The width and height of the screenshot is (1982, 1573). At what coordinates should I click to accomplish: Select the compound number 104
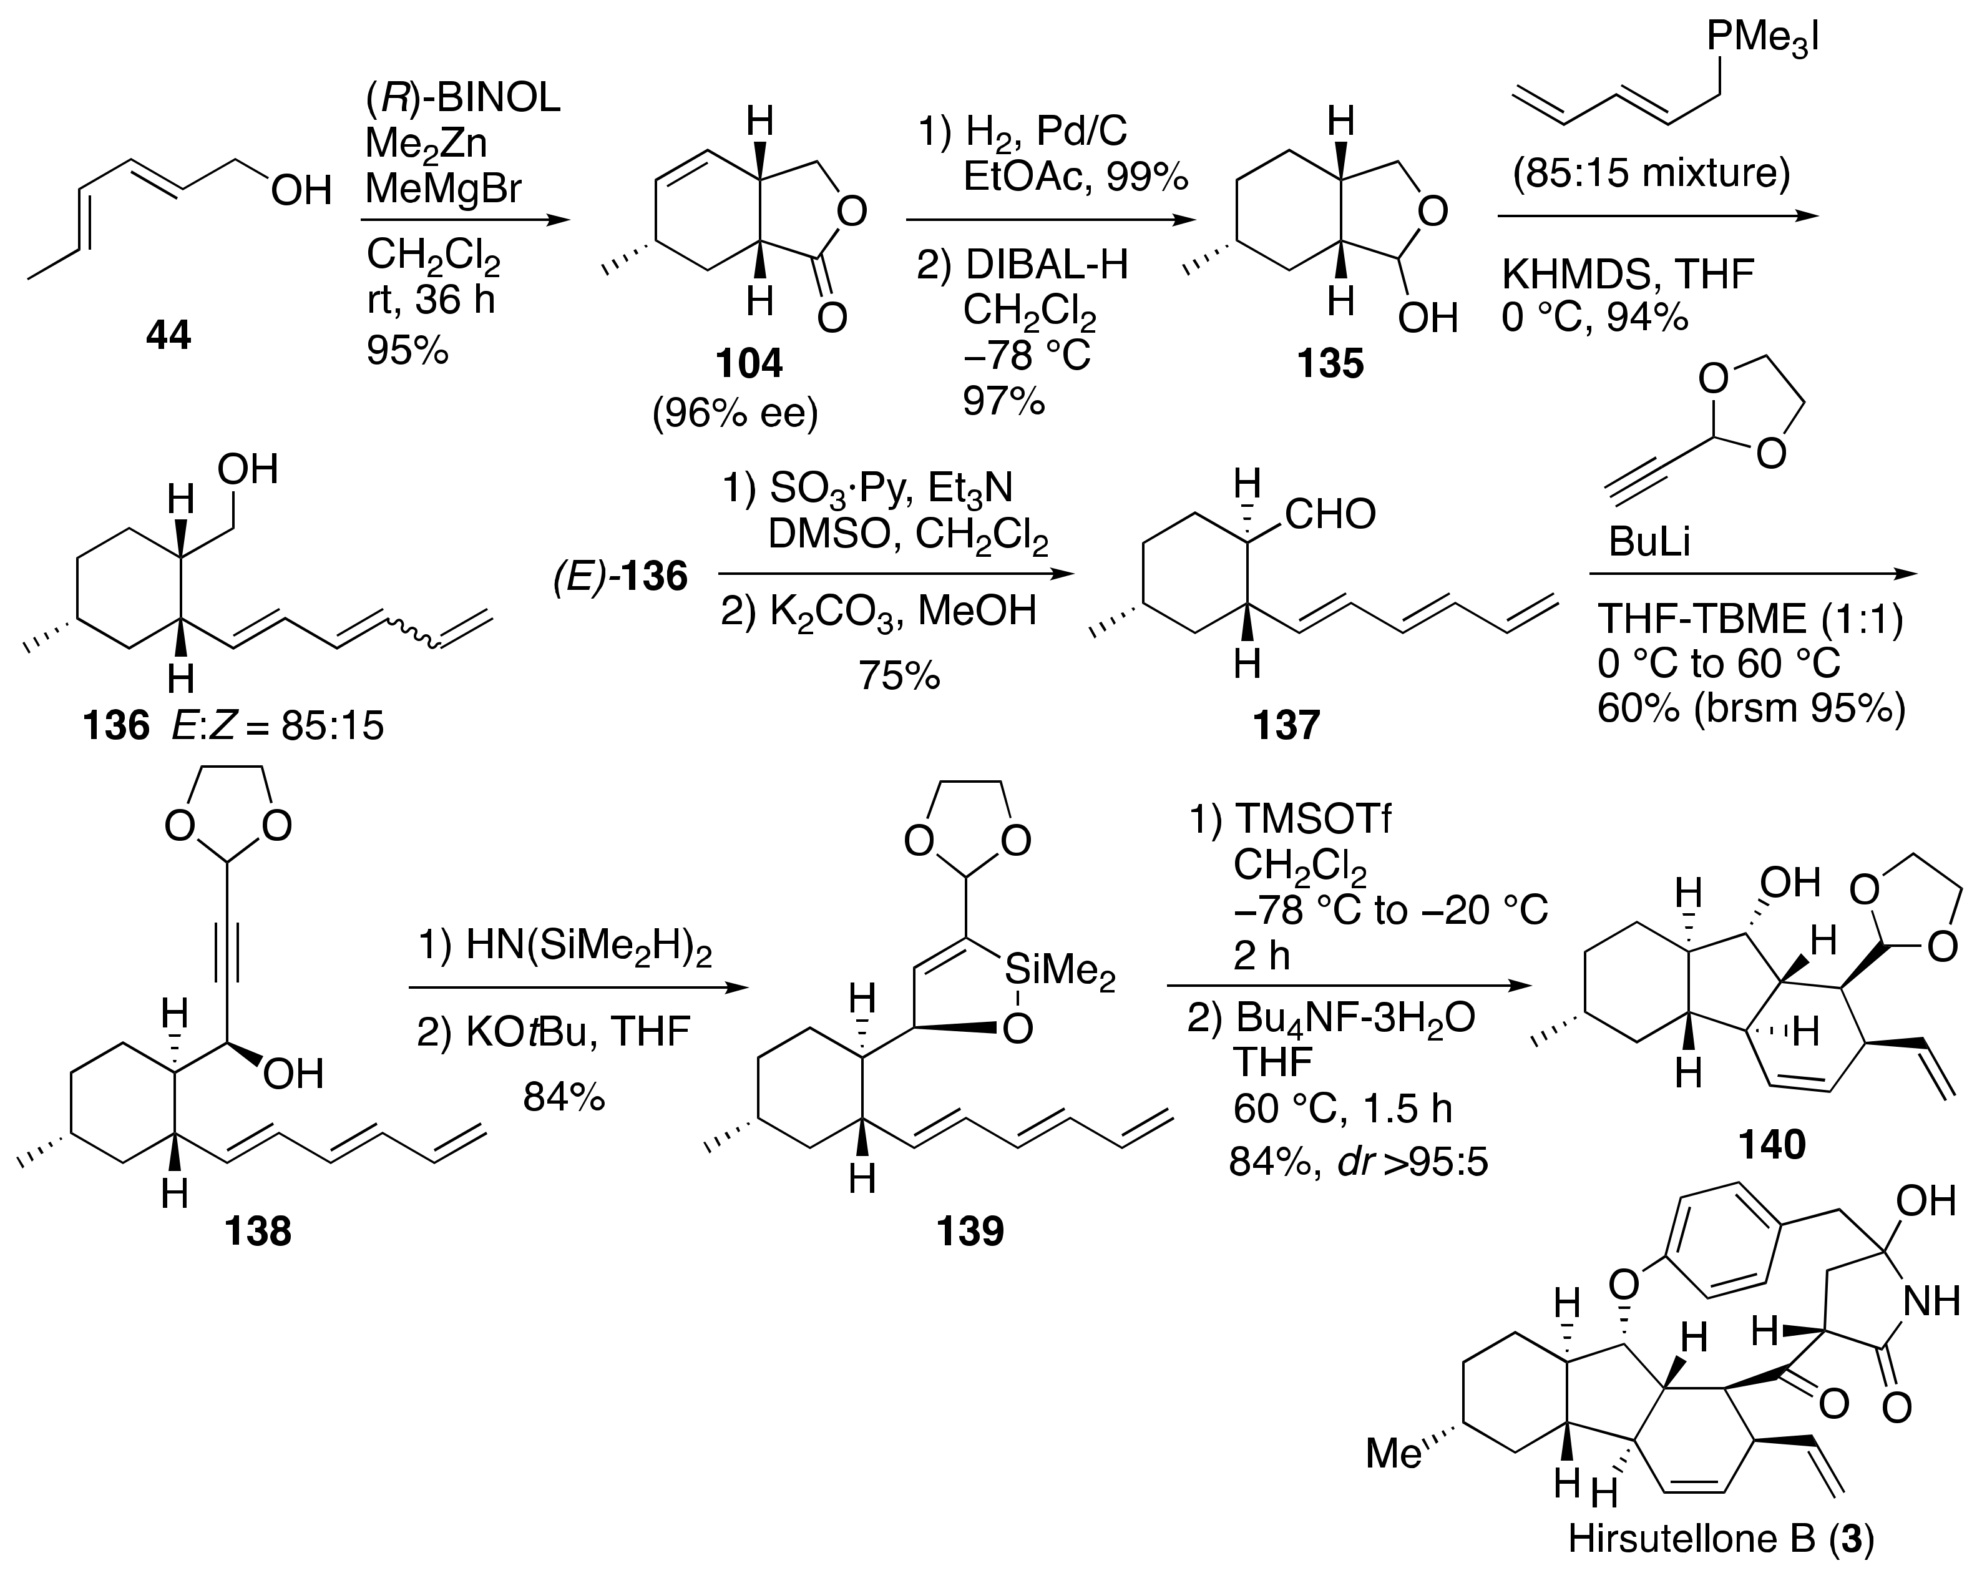[749, 364]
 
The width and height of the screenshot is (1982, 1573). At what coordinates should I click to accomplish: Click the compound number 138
[258, 1230]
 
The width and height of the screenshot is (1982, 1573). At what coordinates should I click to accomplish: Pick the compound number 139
[970, 1230]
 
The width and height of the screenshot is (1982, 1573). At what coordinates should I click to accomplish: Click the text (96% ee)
[735, 414]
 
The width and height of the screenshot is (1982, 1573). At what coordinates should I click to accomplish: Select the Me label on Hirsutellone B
[1394, 1453]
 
